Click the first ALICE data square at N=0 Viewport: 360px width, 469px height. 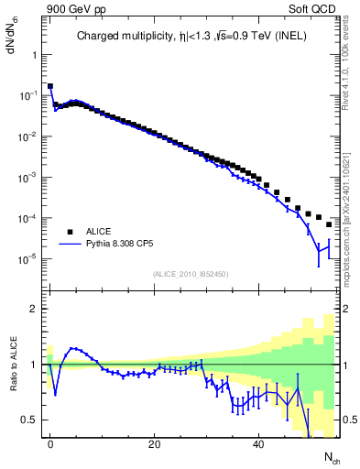pos(50,86)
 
